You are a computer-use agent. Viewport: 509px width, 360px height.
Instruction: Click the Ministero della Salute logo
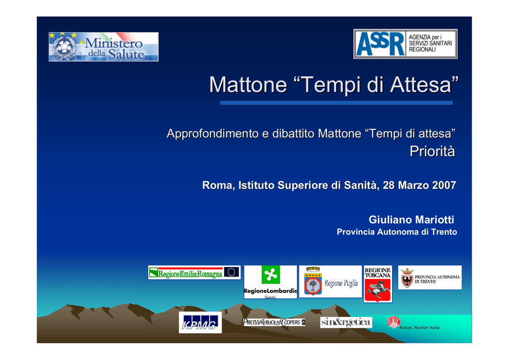click(103, 47)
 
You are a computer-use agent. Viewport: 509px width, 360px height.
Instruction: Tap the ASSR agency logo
click(406, 44)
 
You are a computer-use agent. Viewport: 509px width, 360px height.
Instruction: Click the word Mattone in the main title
click(248, 85)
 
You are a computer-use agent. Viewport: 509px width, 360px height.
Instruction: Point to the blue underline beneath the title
click(337, 103)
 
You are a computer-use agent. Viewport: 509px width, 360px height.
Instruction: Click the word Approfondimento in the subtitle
click(213, 134)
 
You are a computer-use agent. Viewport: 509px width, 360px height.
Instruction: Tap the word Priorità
click(432, 151)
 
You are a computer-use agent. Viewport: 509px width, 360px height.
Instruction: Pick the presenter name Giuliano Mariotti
click(411, 220)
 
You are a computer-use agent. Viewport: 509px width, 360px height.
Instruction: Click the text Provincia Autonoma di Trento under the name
click(397, 232)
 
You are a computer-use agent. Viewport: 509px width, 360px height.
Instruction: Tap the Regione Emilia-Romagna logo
click(194, 272)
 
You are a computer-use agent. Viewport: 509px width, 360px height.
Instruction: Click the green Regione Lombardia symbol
click(270, 275)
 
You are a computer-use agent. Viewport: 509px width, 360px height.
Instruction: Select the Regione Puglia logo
click(330, 281)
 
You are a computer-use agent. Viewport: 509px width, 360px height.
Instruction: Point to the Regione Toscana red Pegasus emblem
click(378, 290)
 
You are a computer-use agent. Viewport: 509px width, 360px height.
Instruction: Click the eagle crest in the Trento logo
click(407, 278)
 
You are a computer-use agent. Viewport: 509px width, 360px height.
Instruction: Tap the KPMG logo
click(200, 322)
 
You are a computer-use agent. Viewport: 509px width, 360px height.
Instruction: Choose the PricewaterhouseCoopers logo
click(274, 322)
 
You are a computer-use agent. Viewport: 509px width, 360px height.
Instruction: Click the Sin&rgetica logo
click(346, 322)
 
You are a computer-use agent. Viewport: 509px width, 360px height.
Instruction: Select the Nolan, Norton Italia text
click(420, 328)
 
